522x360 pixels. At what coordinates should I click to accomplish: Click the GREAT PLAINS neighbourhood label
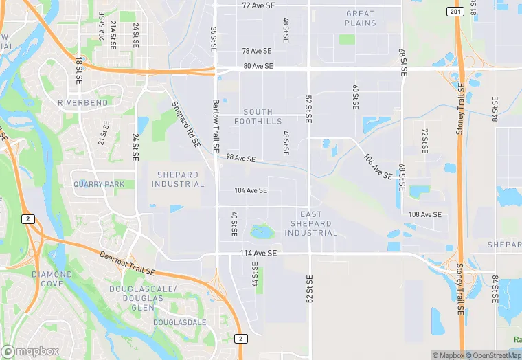(x=361, y=19)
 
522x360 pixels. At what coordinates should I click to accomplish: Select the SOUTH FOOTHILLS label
(x=258, y=117)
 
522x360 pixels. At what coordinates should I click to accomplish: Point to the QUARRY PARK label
(x=100, y=184)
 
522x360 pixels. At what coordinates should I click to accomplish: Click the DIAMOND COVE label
(x=52, y=279)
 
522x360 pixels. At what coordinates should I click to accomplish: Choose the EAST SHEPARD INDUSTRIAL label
(x=310, y=224)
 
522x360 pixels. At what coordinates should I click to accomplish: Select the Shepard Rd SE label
(x=186, y=124)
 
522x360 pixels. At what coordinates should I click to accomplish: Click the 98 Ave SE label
(x=241, y=159)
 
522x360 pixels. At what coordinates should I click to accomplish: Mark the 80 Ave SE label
(x=258, y=67)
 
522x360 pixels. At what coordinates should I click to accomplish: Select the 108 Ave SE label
(x=425, y=214)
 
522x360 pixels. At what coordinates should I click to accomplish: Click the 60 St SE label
(x=355, y=98)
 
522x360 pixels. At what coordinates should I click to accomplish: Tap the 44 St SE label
(x=255, y=275)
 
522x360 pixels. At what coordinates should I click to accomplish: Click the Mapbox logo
(x=30, y=350)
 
